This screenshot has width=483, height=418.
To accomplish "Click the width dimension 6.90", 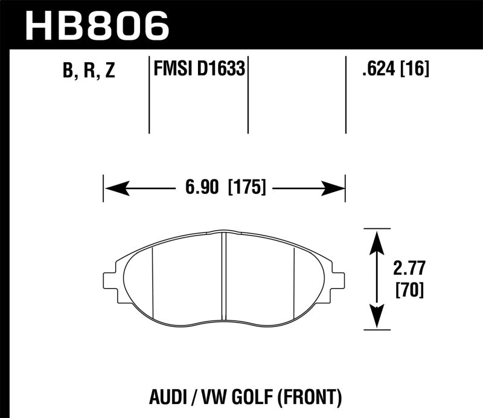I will coord(202,188).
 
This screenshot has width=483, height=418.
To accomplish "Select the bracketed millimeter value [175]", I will coord(248,188).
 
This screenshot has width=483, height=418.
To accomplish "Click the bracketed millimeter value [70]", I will coord(409,291).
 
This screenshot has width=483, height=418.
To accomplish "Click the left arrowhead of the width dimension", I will coord(115,188).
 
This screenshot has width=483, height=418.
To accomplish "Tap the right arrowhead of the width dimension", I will coord(333,188).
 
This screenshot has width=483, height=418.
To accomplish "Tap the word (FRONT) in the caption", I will coord(313,398).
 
